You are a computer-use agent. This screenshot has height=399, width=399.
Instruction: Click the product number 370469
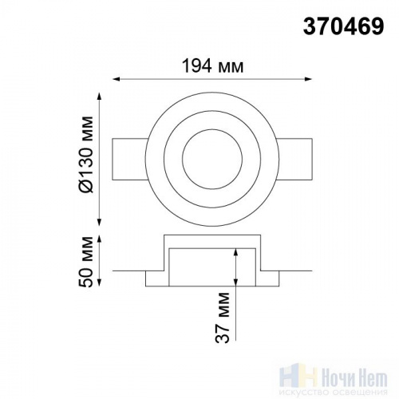tap(343, 26)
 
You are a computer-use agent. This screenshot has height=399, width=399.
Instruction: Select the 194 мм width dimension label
tap(212, 65)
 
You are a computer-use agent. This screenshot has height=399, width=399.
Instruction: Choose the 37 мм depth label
tap(223, 318)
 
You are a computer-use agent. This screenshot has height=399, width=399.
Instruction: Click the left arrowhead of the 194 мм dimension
tap(117, 79)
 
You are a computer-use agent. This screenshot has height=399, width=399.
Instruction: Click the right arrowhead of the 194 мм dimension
tap(308, 79)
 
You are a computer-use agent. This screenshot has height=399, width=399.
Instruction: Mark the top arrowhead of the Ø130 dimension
tap(100, 97)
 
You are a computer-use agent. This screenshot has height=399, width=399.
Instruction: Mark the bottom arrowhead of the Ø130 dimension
tap(100, 223)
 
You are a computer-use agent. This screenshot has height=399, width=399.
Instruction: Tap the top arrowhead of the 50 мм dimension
tap(100, 239)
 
